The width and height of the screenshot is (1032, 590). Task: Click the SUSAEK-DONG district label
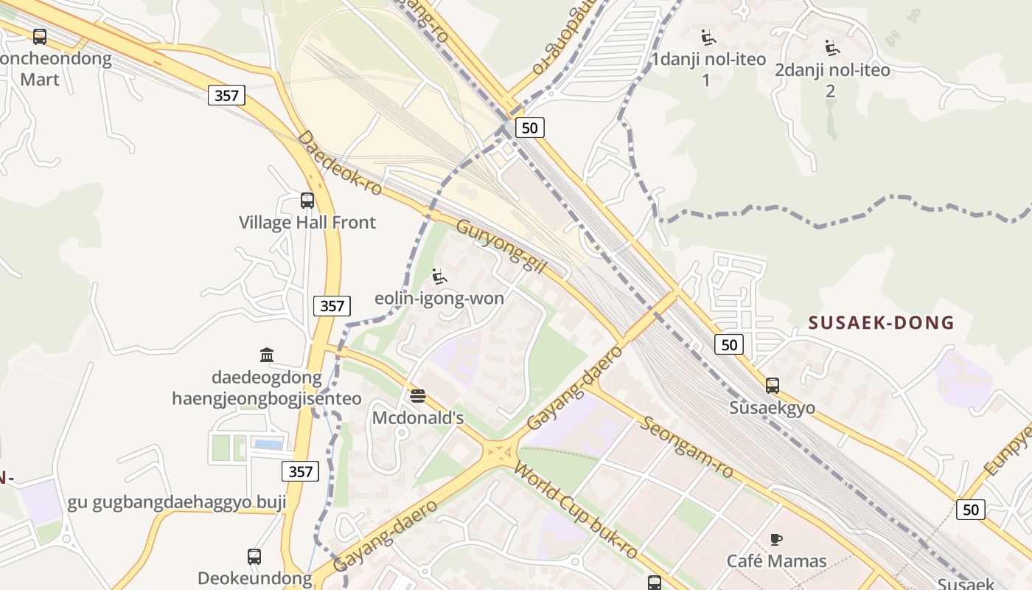tap(881, 322)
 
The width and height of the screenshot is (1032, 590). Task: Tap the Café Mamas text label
tap(776, 561)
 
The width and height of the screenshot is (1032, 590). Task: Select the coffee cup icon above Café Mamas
tap(776, 539)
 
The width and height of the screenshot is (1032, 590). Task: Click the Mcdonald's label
tap(418, 418)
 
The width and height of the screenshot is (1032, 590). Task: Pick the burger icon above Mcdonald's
tap(418, 396)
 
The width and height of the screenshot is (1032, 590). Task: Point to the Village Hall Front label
tap(307, 222)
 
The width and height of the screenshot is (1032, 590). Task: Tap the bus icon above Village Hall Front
tap(307, 200)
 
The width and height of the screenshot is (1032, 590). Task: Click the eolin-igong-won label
tap(439, 298)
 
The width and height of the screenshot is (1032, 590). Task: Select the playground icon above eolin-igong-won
tap(439, 277)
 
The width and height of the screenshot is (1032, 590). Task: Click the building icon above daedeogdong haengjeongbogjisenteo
tap(267, 355)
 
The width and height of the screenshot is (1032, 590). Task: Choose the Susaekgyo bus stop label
tap(772, 408)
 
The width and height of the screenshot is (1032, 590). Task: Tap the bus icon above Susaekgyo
tap(772, 385)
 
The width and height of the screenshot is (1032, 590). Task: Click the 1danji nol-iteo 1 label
tap(708, 69)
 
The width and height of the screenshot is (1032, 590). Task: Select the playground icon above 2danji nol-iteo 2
tap(832, 48)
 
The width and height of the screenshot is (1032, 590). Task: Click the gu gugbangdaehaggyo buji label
tap(177, 503)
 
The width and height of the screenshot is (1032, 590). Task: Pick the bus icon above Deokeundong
tap(254, 557)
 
